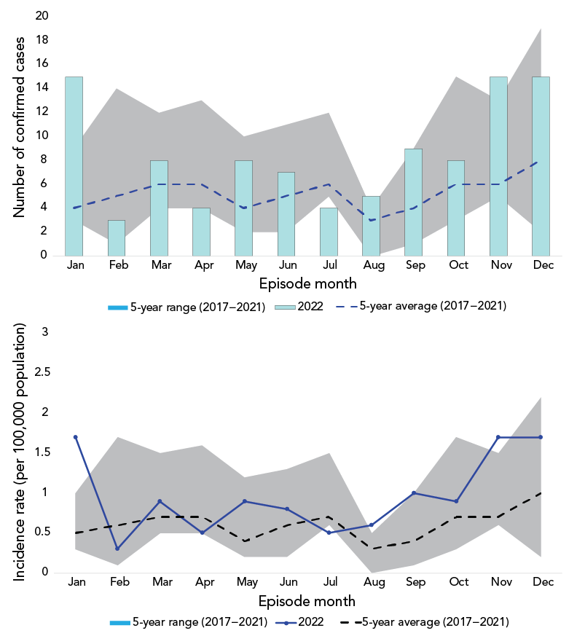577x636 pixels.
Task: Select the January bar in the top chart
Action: (74, 166)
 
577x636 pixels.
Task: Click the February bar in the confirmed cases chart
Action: (117, 237)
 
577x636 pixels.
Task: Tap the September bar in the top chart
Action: (413, 202)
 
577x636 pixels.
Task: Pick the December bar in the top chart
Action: (541, 166)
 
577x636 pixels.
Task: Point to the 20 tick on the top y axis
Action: (42, 15)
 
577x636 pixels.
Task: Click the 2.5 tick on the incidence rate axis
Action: (44, 372)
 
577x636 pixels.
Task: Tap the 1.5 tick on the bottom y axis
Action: (44, 452)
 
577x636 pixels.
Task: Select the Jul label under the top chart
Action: (329, 265)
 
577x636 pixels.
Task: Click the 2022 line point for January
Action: (75, 437)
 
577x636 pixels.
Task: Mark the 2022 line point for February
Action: (117, 549)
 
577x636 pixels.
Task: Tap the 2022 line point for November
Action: (498, 437)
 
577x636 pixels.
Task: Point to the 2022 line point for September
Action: (413, 493)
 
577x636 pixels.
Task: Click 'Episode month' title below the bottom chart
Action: (307, 601)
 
